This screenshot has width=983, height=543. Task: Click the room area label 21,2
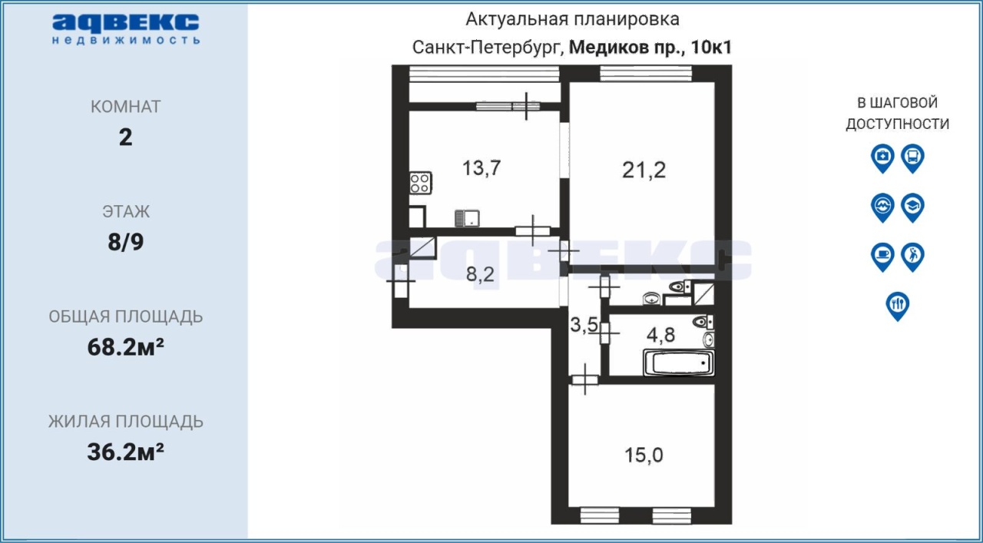(x=644, y=170)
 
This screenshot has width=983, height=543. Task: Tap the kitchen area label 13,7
(x=482, y=167)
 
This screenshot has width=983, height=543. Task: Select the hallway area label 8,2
(x=480, y=274)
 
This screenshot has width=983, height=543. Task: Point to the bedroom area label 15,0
(x=644, y=455)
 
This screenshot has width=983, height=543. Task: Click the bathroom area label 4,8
(x=661, y=335)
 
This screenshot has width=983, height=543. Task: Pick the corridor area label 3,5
(x=584, y=325)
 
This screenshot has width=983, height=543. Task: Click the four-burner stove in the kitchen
(x=420, y=183)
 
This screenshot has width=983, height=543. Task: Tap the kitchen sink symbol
(x=467, y=218)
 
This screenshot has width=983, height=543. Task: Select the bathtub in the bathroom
(x=678, y=363)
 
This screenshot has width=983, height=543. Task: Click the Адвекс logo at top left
(x=126, y=29)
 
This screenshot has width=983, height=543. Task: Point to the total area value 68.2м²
(x=125, y=347)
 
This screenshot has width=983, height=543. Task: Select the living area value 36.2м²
(x=125, y=452)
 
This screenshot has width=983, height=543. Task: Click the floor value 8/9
(x=125, y=242)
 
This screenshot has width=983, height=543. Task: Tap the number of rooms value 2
(x=125, y=137)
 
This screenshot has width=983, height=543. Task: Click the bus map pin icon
(x=913, y=158)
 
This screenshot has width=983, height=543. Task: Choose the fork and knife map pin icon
(x=898, y=306)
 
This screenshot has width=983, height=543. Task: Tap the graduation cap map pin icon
(x=913, y=207)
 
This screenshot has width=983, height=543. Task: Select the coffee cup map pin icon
(x=882, y=257)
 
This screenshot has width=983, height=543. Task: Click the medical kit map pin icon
(x=882, y=158)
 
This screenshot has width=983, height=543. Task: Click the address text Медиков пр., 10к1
(x=650, y=48)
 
